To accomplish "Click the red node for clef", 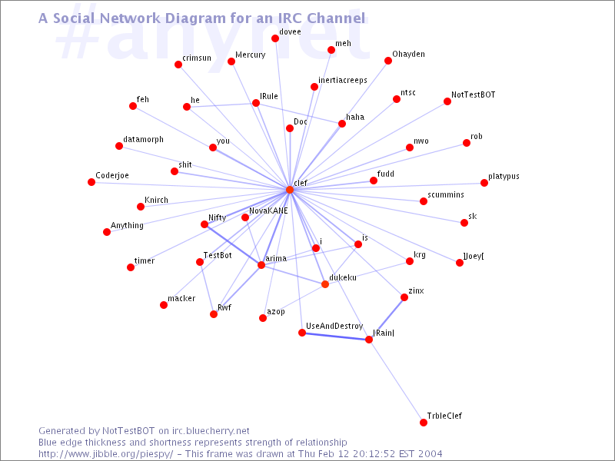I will click(x=290, y=190).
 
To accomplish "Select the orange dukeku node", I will click(x=325, y=285).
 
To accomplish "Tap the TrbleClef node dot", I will click(x=423, y=423).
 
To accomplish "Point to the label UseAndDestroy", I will click(x=334, y=327).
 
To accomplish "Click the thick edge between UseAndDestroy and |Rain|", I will click(x=335, y=336).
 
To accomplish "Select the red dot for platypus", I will click(x=484, y=183).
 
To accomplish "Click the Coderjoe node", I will click(x=91, y=182).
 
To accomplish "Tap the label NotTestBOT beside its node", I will click(x=473, y=95).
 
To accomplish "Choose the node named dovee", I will click(x=275, y=38).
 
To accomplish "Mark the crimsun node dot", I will click(x=178, y=65).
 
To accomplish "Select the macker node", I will click(x=164, y=305).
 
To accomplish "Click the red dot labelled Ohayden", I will click(x=388, y=61).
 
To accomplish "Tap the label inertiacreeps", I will click(x=342, y=80).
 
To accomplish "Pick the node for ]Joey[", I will click(x=460, y=263).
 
